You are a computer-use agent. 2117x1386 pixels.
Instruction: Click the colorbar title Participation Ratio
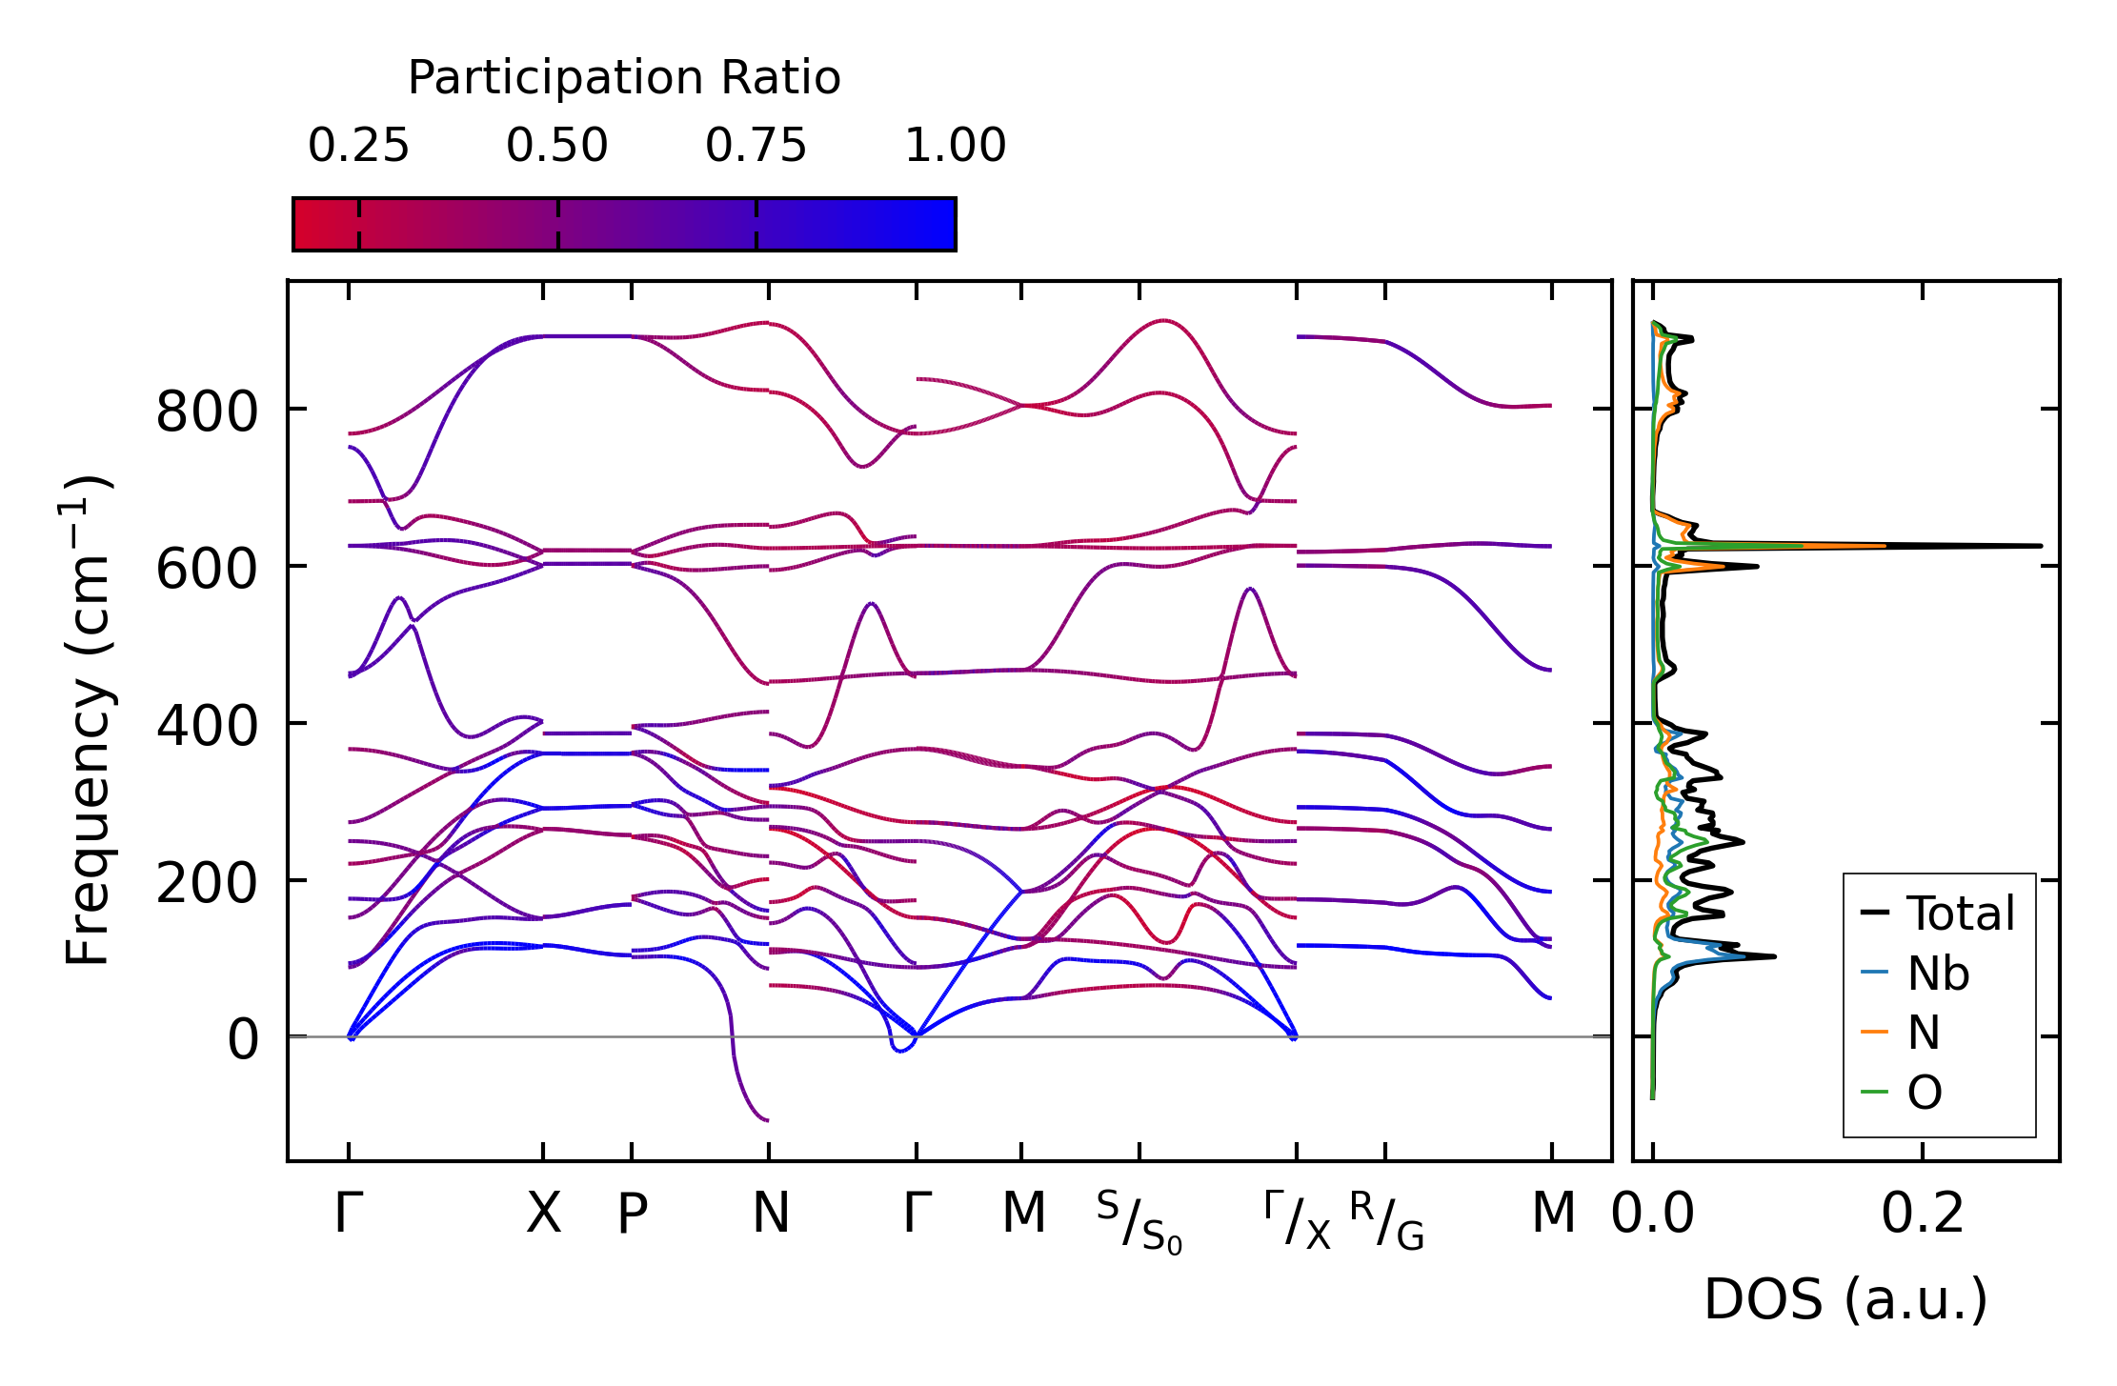tap(624, 78)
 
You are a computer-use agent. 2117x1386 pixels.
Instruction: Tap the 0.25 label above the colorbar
tap(358, 146)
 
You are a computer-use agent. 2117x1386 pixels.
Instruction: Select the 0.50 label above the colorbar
tap(557, 146)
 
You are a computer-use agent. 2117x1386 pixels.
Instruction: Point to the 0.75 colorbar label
tap(756, 146)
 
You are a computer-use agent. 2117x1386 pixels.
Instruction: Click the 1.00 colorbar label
tap(955, 146)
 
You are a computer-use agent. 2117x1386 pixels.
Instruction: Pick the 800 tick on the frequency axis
tap(207, 413)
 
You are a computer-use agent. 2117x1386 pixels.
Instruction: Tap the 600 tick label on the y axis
tap(207, 571)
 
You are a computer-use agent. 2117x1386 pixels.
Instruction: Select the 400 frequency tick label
tap(207, 727)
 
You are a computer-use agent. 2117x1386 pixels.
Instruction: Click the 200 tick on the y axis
tap(207, 884)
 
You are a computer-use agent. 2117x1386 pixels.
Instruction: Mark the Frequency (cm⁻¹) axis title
tap(88, 720)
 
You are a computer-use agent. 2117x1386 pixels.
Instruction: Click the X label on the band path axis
tap(544, 1215)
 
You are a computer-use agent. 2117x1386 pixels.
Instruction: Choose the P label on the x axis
tap(633, 1215)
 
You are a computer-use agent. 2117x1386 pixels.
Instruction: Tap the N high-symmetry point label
tap(771, 1215)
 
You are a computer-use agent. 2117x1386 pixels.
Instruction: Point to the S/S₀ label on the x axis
tap(1139, 1222)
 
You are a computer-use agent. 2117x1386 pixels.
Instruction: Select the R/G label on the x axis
tap(1386, 1220)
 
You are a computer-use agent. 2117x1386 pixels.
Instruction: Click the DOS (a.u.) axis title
tap(1845, 1300)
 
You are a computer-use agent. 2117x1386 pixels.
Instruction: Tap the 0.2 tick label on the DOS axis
tap(1923, 1215)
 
